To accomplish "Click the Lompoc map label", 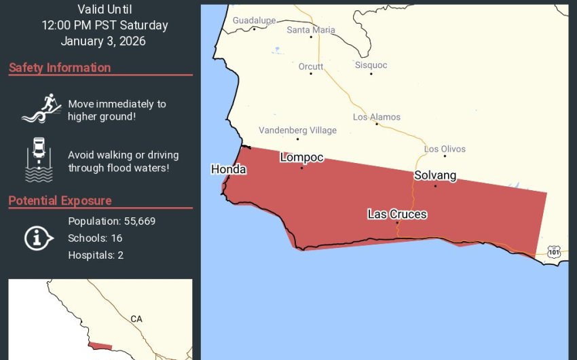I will coord(301,158).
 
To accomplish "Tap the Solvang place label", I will coord(435,175).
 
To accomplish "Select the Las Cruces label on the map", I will coord(397,214).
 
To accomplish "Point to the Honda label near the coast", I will coord(228,169).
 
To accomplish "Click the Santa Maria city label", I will coord(311,30).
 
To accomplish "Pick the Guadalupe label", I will coord(254,20).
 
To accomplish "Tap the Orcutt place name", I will coord(311,67).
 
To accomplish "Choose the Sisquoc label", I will coord(371,65).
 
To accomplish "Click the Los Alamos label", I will coord(377,117).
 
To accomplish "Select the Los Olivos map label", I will coord(445,149).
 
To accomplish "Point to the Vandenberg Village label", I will coord(297,130).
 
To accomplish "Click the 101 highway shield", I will coord(555,252).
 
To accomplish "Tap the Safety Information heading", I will coord(60,68).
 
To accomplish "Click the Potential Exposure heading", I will coord(60,201).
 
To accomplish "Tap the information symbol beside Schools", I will coord(39,238).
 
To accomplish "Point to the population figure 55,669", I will coord(136,221).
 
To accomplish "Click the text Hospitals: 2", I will coord(96,255).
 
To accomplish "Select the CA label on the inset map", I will coord(136,319).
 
